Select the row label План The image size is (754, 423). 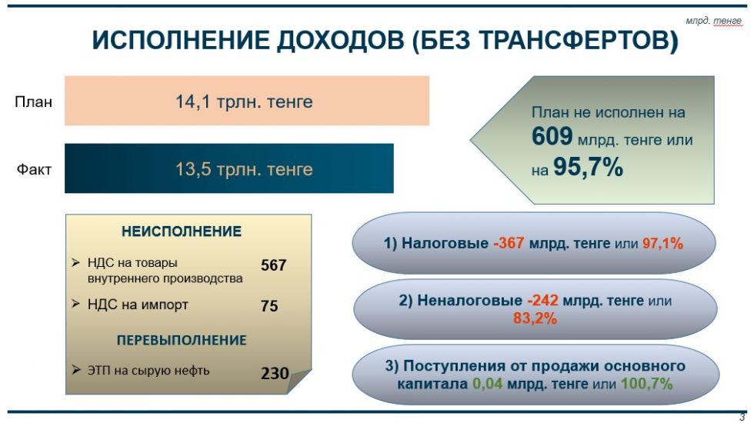(x=34, y=102)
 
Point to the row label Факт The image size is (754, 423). (x=34, y=169)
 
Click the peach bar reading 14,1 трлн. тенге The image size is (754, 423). (x=247, y=101)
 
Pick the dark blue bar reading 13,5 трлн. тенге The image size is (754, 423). (x=229, y=168)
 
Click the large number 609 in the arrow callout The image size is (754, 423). (x=552, y=136)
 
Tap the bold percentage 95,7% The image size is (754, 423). (x=588, y=168)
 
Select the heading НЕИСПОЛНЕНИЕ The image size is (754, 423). (x=182, y=231)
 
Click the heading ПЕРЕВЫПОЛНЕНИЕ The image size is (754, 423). (x=182, y=340)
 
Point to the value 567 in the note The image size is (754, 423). (x=274, y=265)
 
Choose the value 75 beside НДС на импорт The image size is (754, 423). (x=269, y=306)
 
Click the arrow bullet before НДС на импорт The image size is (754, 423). (x=75, y=304)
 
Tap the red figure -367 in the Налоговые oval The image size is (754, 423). (x=509, y=243)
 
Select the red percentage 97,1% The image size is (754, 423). (x=662, y=243)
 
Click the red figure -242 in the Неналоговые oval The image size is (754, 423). (x=542, y=301)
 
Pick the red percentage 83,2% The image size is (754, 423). (x=535, y=318)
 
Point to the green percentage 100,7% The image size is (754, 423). (x=646, y=384)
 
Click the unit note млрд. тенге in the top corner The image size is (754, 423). (x=714, y=22)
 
